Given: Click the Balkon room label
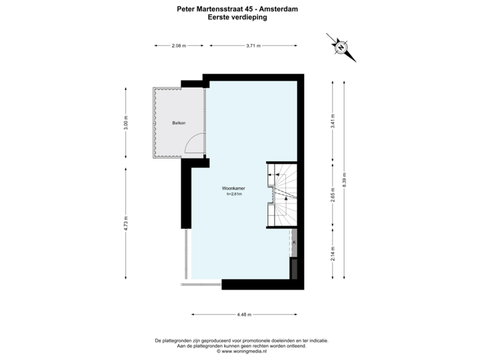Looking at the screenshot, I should point(179,123).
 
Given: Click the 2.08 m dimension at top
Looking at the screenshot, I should point(178,45).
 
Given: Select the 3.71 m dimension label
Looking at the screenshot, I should point(253,45).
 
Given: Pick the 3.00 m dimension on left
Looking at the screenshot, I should point(125,123).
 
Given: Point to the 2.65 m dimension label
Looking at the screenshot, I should point(333,198).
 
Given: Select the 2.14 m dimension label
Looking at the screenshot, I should point(333,253).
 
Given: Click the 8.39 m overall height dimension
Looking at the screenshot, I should point(344,180).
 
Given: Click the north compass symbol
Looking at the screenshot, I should point(340,47).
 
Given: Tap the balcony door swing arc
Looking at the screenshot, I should point(193,143).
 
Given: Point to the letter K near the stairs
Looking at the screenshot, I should point(294,243).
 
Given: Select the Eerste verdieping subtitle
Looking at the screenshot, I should point(239,18).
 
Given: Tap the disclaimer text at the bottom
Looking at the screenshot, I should point(241,343).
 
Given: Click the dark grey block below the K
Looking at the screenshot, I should point(293,268).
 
